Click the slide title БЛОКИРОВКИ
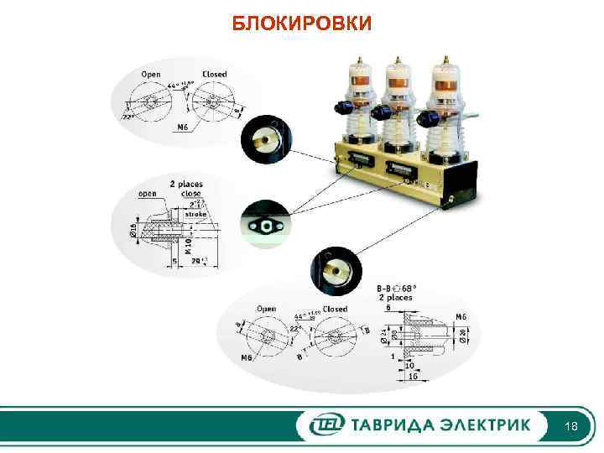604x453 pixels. pyautogui.click(x=301, y=23)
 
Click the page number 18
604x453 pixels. pyautogui.click(x=571, y=427)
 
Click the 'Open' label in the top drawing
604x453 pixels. pyautogui.click(x=151, y=74)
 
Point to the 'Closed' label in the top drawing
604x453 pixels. pyautogui.click(x=215, y=74)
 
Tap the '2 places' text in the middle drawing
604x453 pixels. pyautogui.click(x=185, y=183)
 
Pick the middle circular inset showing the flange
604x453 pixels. pyautogui.click(x=266, y=224)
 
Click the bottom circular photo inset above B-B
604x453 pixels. pyautogui.click(x=335, y=268)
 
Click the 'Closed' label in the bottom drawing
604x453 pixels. pyautogui.click(x=336, y=309)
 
